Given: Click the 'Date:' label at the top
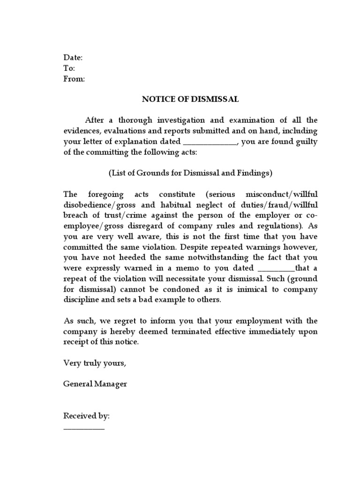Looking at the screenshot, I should (73, 58).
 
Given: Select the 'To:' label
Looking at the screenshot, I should (69, 68).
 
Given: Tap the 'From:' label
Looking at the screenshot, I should (74, 79).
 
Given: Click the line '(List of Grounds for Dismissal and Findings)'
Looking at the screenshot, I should (190, 173).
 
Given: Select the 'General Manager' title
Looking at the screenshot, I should (95, 384).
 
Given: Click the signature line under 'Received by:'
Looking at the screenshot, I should (84, 428).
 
